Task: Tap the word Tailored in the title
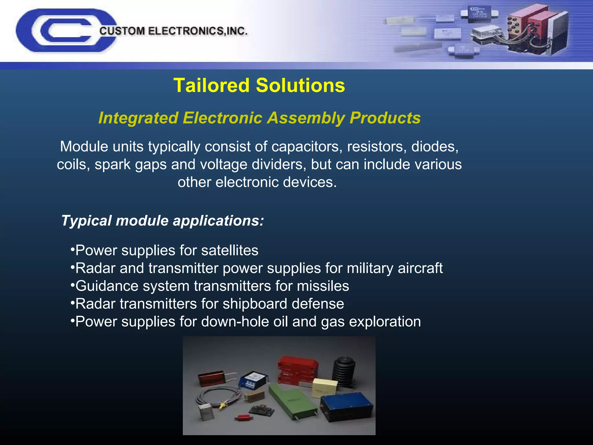point(211,85)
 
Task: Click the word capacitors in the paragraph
point(305,147)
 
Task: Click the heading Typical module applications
point(162,221)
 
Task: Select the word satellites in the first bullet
point(230,250)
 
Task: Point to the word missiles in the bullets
point(323,286)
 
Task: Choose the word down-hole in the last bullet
point(235,322)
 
